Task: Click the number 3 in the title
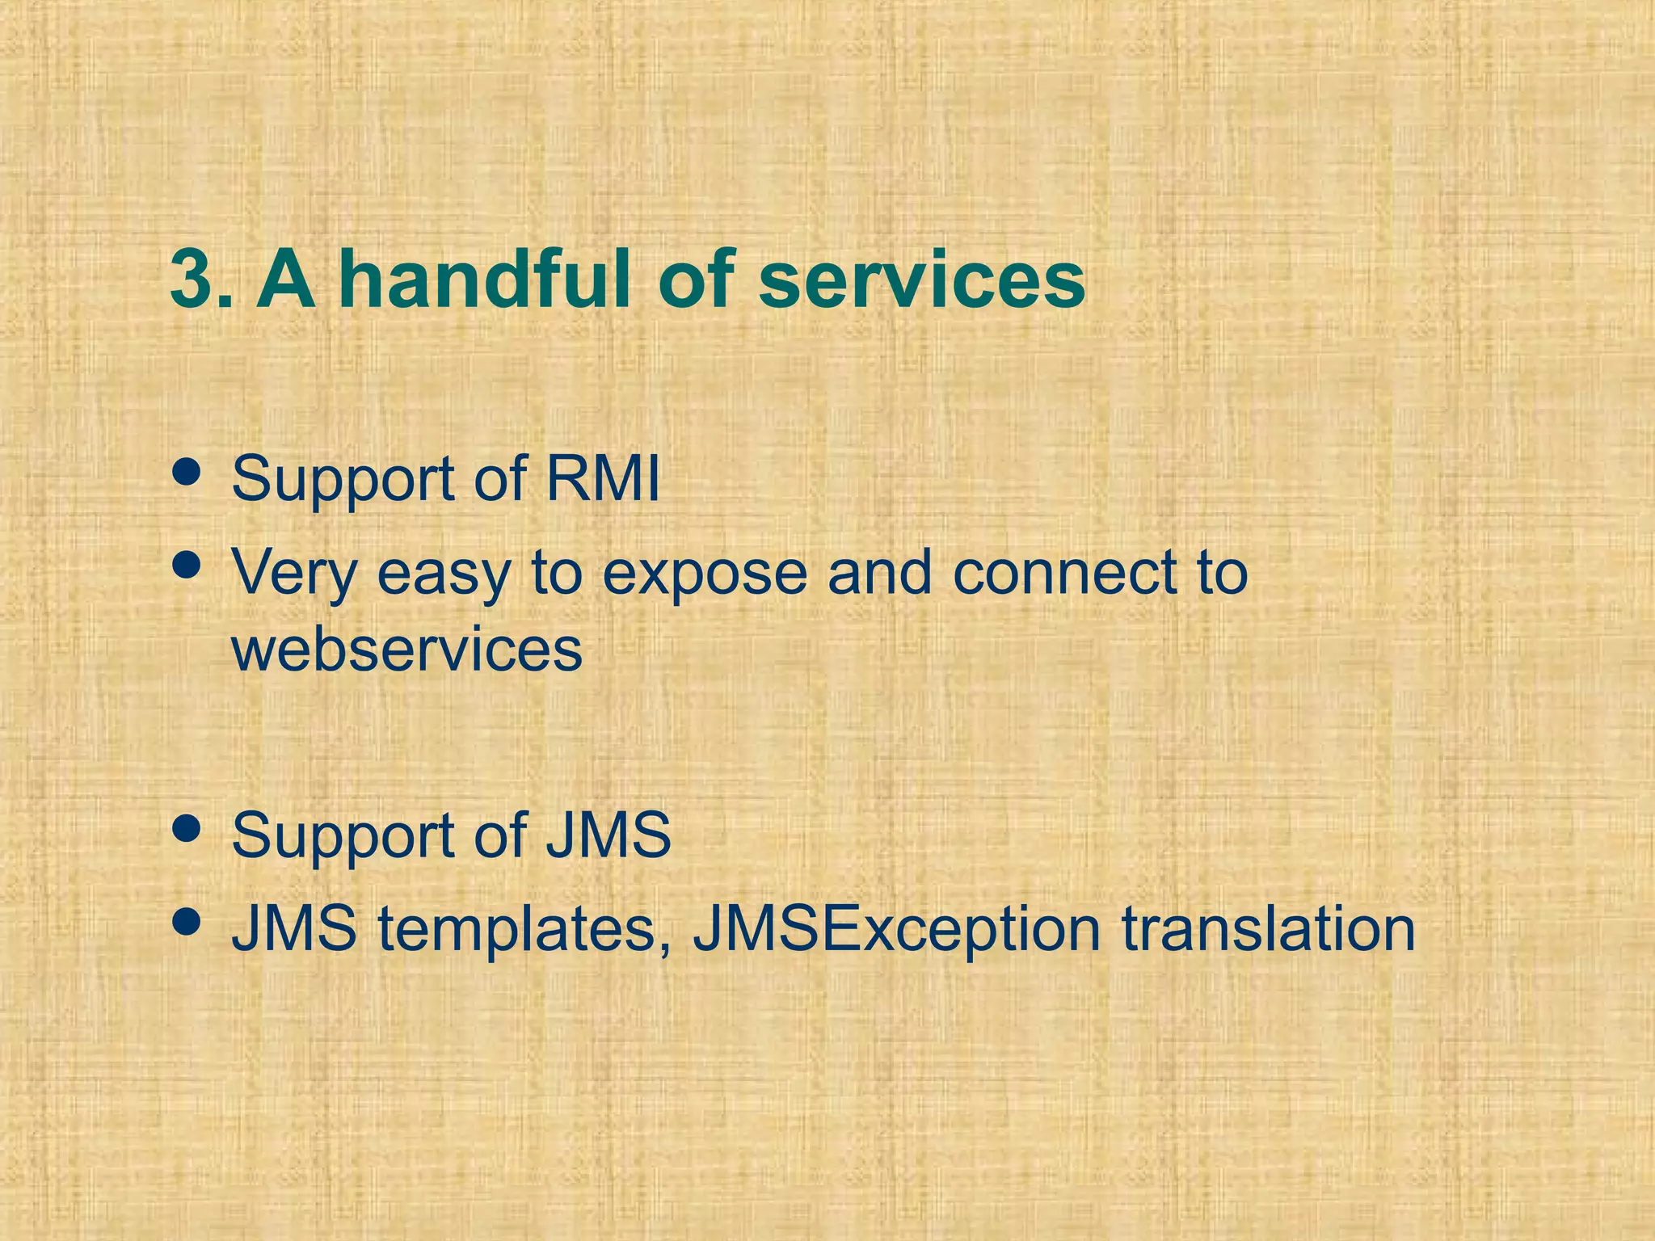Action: (192, 280)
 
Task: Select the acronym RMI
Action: (603, 478)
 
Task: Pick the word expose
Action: (705, 572)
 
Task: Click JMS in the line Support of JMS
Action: (609, 835)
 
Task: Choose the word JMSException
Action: (895, 929)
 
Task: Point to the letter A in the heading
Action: (286, 280)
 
